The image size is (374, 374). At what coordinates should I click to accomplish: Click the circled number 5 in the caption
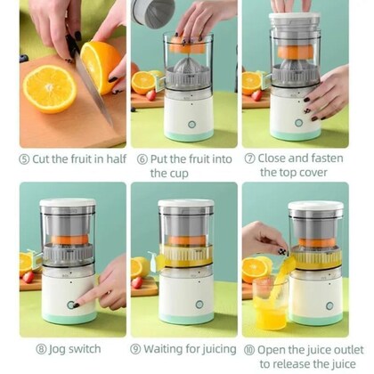click(24, 159)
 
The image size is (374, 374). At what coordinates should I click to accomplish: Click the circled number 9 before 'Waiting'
click(135, 349)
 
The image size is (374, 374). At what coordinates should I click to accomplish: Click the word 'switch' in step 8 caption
click(83, 349)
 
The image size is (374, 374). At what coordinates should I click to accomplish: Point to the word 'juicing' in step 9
click(208, 349)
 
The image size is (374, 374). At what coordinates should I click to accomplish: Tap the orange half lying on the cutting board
click(50, 89)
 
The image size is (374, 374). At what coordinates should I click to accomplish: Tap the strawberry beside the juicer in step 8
click(28, 277)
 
